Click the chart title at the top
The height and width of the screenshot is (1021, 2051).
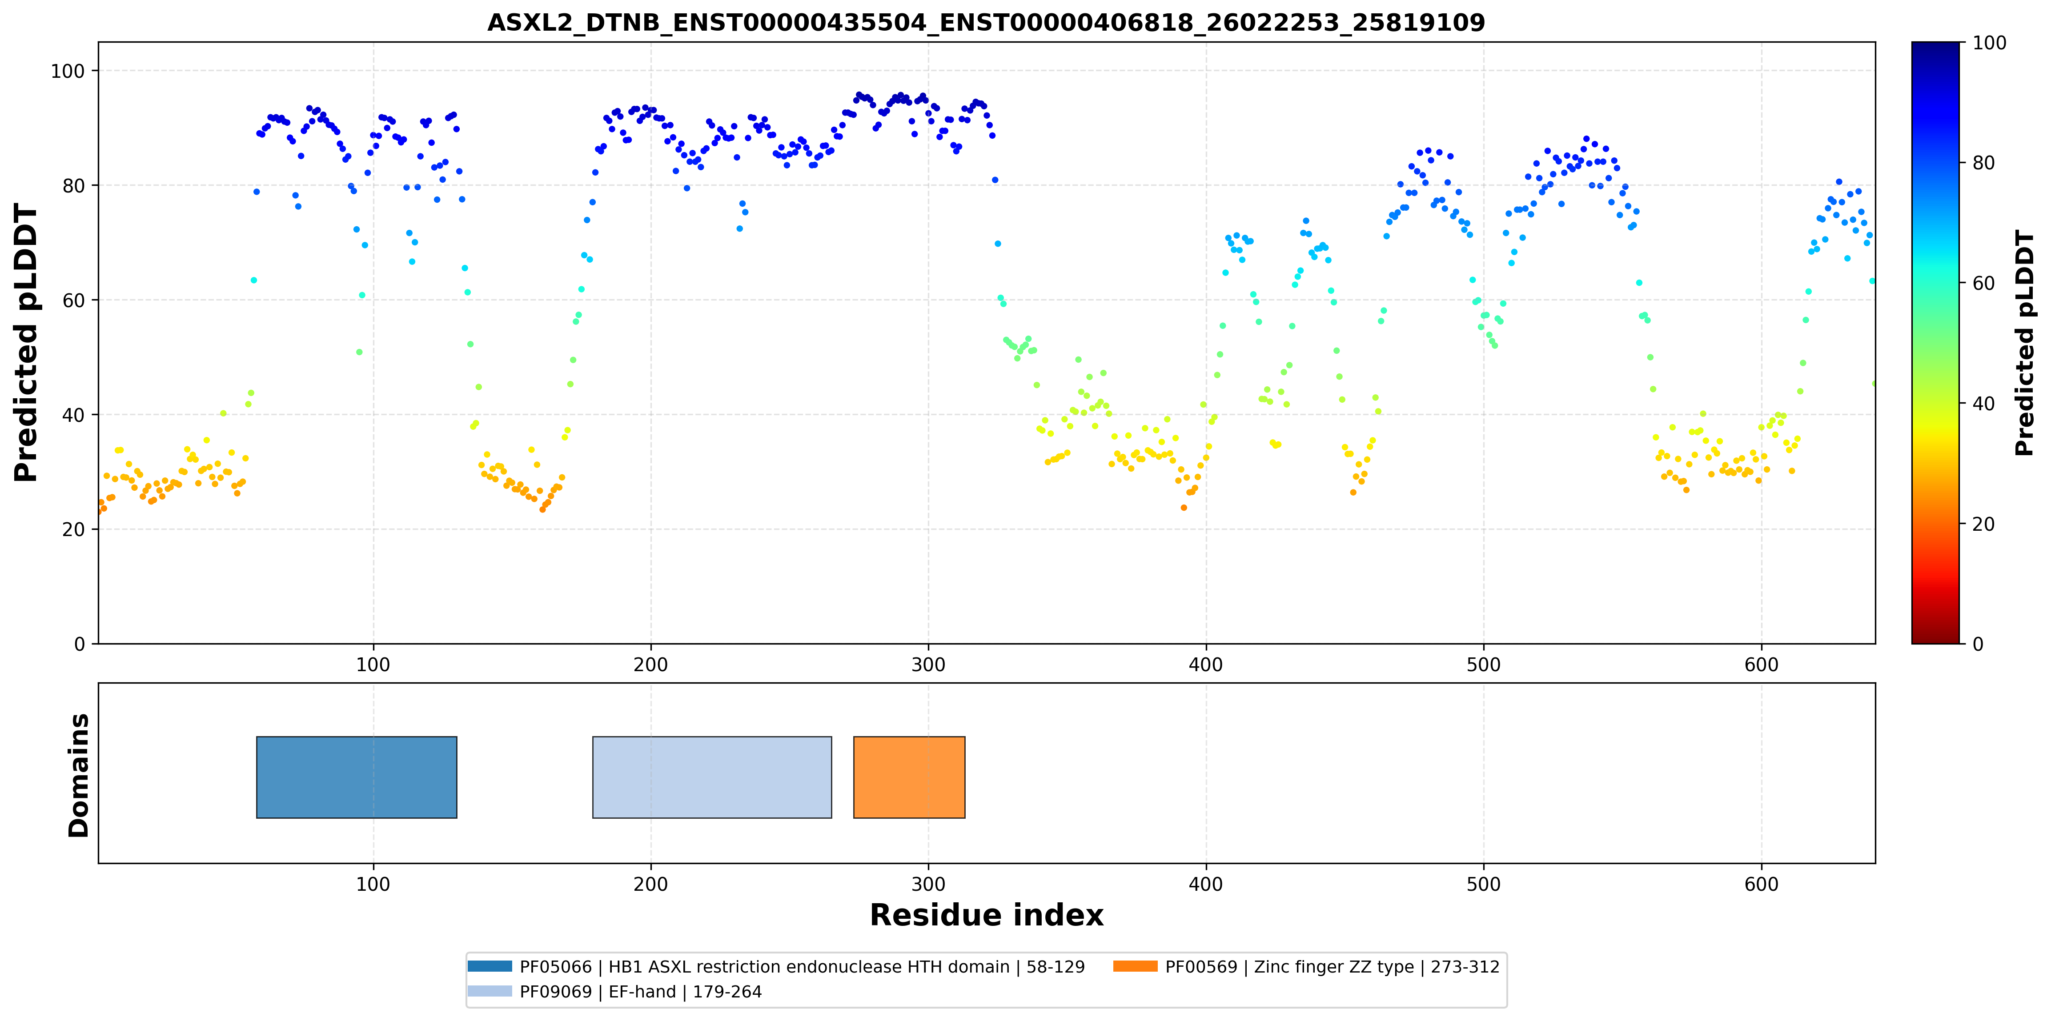[x=986, y=22]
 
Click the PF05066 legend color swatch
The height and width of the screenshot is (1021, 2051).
[x=490, y=966]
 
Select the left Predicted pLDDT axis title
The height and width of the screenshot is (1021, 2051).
[x=26, y=343]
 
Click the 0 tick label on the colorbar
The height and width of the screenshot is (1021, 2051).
[x=1978, y=644]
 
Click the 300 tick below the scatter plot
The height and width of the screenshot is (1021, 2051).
[x=928, y=665]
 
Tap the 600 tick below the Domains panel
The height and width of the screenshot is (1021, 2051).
[x=1761, y=884]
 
